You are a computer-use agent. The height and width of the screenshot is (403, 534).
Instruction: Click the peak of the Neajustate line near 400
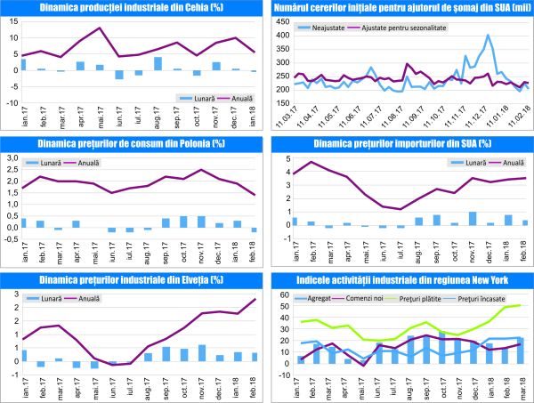(x=489, y=36)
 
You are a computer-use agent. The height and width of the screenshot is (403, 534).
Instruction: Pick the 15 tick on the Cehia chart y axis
(x=12, y=37)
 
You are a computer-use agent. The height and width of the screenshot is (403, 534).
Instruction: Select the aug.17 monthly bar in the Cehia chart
(x=158, y=63)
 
